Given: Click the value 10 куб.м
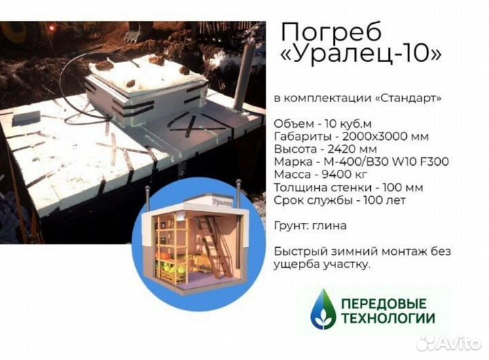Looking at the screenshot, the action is coord(348,124).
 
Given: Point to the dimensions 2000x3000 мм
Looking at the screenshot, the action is coord(386,137).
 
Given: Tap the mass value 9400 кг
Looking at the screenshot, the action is coord(344,175).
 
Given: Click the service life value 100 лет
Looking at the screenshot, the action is coord(384,200).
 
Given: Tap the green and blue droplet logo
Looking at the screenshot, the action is coord(323,310).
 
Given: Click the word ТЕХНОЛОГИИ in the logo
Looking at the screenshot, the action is coord(388,319).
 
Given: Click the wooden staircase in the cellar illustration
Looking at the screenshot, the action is coord(214,247).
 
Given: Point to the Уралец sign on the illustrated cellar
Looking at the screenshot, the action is coord(223,202).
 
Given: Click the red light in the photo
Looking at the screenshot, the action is coord(52,28).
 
